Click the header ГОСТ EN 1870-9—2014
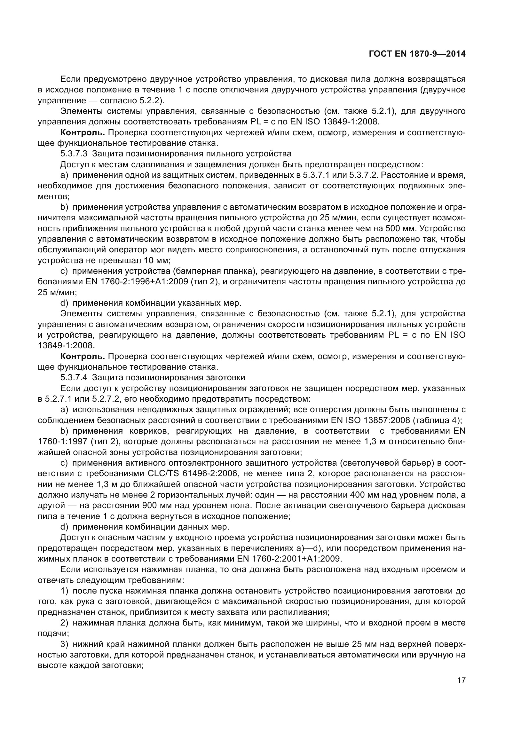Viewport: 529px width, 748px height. pyautogui.click(x=417, y=54)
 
